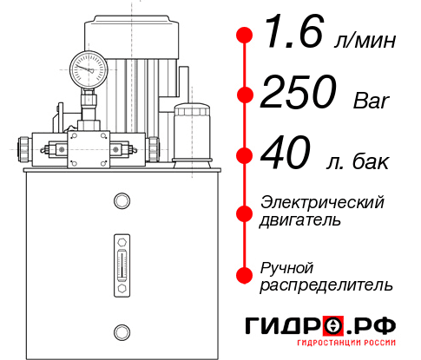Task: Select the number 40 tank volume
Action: (x=286, y=157)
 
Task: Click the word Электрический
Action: (x=322, y=202)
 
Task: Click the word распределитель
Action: (x=326, y=285)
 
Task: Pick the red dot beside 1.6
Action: (x=245, y=36)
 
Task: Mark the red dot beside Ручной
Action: (x=245, y=275)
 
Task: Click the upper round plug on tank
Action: (x=121, y=202)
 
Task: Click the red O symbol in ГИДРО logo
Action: (x=332, y=326)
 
